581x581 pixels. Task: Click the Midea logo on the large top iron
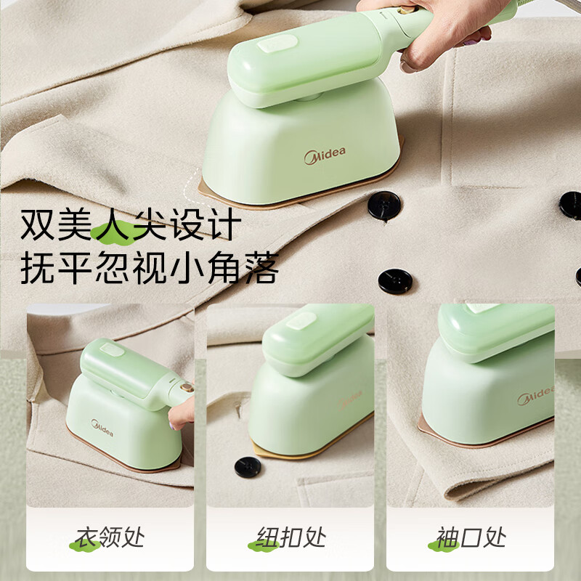324,155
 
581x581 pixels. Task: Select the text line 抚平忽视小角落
149,268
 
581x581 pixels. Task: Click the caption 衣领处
111,538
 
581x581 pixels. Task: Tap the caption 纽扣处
290,538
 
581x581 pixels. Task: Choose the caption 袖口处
471,538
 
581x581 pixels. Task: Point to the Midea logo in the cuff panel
536,396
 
